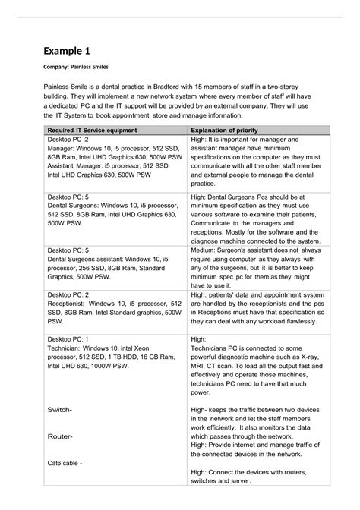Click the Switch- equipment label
click(x=60, y=410)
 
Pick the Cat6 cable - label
click(x=65, y=463)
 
